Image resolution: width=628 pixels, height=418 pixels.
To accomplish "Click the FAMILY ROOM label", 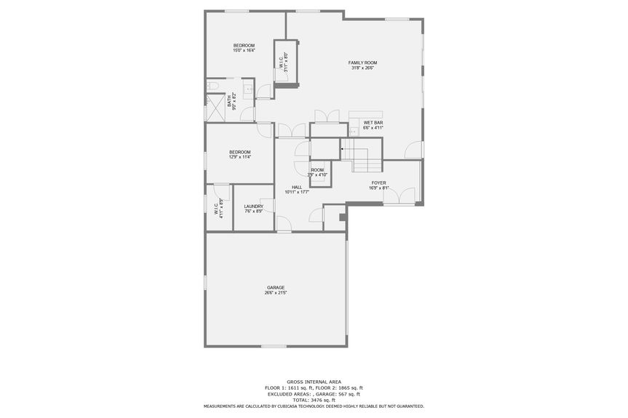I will click(362, 63).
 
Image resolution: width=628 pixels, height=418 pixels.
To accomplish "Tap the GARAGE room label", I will click(276, 287).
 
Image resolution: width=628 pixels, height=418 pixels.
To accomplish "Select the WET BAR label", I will click(373, 122).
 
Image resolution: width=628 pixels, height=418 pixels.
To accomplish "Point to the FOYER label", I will click(378, 182).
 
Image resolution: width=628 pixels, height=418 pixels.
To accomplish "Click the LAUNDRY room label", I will click(253, 206).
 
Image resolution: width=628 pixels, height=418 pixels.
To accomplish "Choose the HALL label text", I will click(297, 187).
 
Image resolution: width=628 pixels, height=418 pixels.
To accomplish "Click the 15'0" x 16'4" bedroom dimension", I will click(244, 51).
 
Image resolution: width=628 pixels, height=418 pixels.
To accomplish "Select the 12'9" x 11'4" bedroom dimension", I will click(240, 157).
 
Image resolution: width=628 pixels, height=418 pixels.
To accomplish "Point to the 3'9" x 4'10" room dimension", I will click(317, 175).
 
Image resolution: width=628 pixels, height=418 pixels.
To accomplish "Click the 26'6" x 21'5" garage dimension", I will click(276, 293).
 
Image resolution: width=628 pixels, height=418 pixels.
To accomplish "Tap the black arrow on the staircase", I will click(342, 149).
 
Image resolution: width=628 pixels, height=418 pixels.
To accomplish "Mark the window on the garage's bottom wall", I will click(274, 346).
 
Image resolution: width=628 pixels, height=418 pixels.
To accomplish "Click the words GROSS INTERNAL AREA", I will click(313, 381).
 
